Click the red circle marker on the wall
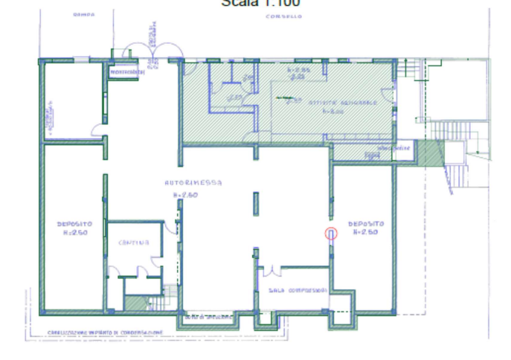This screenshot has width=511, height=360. click(332, 233)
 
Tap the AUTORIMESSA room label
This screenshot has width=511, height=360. click(183, 183)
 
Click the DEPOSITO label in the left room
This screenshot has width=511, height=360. click(74, 222)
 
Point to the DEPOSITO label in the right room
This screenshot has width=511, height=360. click(365, 222)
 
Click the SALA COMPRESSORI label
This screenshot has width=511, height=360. click(297, 290)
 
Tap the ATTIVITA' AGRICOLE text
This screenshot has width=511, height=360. click(349, 102)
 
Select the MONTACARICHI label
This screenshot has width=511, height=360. click(128, 71)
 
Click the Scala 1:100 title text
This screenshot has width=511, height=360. click(260, 4)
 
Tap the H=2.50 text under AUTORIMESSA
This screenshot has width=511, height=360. click(185, 194)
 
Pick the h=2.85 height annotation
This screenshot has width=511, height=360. click(297, 71)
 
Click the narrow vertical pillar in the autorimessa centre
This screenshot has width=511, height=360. click(255, 202)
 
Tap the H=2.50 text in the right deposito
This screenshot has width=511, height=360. click(365, 231)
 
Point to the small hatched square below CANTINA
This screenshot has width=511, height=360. click(135, 303)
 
